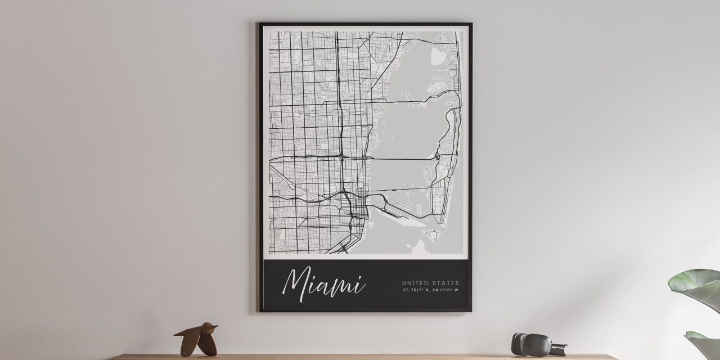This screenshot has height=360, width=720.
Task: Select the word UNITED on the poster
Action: [x=416, y=283]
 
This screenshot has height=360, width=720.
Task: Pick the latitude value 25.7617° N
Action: [x=416, y=290]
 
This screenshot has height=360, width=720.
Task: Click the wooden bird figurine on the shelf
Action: [x=197, y=339]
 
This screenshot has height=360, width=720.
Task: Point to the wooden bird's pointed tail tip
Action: [x=175, y=335]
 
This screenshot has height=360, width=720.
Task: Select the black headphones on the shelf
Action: [x=532, y=344]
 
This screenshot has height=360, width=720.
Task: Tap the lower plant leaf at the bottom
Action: [x=703, y=344]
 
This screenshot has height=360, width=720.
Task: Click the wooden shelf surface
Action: [x=360, y=357]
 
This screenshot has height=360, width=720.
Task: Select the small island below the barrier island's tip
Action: [x=433, y=234]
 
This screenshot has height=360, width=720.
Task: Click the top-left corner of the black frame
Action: [x=260, y=24]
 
